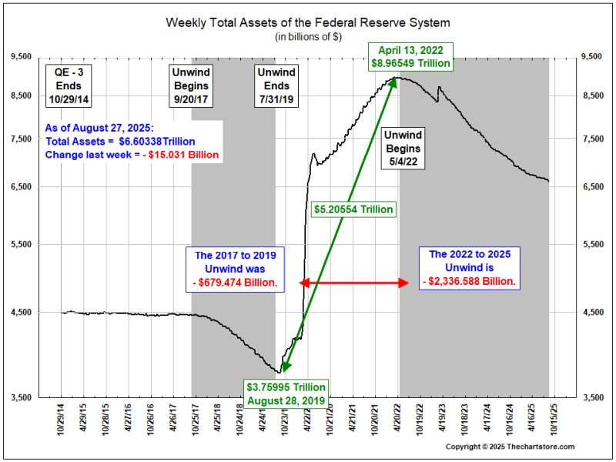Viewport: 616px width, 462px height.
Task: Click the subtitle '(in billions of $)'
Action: (308, 37)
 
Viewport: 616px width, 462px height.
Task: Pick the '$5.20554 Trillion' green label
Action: (354, 209)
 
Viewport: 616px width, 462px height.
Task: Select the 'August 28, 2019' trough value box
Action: (286, 393)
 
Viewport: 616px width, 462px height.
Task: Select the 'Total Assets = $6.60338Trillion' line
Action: (120, 142)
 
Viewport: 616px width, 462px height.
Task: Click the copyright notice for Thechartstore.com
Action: (510, 447)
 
